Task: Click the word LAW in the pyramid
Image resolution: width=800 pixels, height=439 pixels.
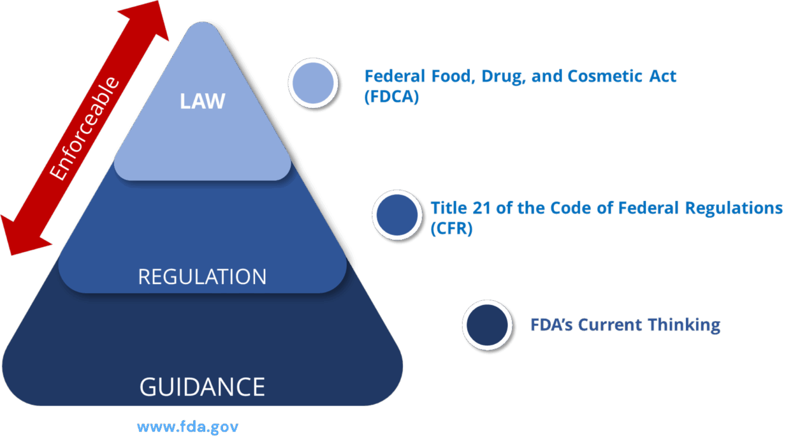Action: coord(202,101)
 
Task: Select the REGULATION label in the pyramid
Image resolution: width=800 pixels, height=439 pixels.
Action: coord(202,277)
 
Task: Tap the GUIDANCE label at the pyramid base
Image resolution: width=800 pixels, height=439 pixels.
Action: coord(202,387)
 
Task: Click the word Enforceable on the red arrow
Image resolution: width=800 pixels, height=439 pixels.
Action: coord(84,129)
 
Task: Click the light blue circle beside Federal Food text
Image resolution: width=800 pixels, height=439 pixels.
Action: coord(313,83)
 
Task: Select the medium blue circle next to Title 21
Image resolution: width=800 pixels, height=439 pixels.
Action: coord(398,215)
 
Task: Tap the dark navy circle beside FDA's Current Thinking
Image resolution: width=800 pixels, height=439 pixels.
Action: coord(488,325)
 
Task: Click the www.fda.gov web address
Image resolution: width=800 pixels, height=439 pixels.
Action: coord(187,427)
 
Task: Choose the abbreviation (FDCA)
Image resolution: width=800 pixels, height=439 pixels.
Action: coord(392,97)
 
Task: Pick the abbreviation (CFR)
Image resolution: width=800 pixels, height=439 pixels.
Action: coord(452,228)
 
